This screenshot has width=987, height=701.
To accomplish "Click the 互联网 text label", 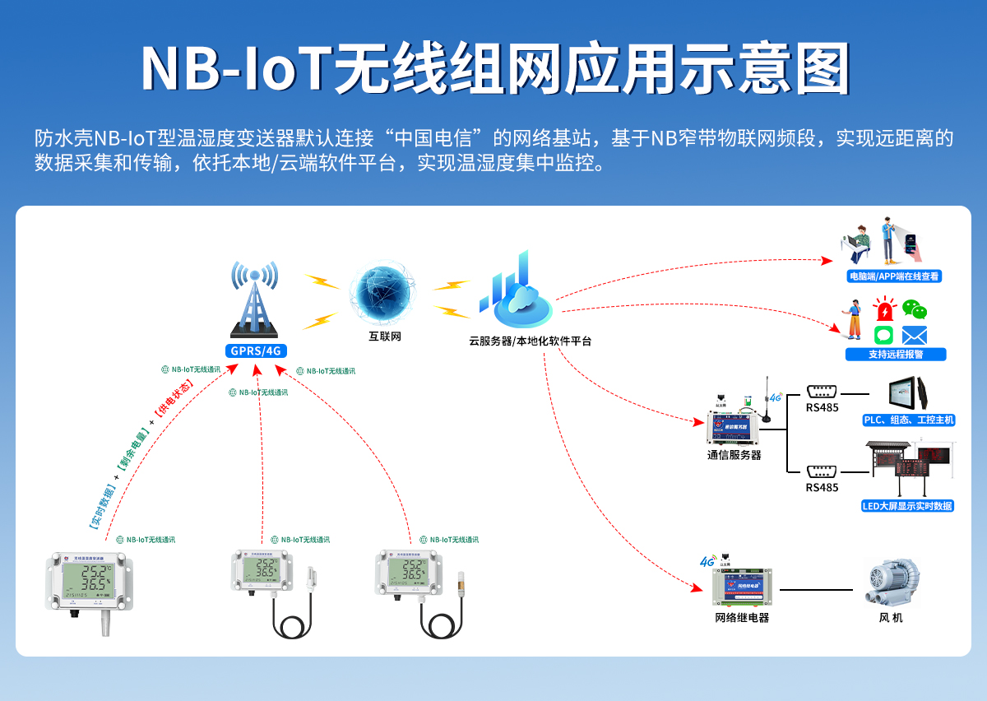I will [x=384, y=337].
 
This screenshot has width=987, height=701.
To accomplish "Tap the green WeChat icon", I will [x=914, y=309].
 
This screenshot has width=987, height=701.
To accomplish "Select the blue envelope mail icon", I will [x=914, y=335].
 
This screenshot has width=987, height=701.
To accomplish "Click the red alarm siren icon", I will [x=884, y=310].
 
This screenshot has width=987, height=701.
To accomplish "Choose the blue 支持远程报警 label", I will [x=896, y=355].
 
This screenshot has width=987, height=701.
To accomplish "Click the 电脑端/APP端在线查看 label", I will [x=894, y=277].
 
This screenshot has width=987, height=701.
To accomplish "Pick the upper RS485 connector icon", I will [x=822, y=392].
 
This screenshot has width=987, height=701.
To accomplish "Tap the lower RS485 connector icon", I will [x=822, y=471].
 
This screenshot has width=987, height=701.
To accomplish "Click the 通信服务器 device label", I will [x=734, y=455].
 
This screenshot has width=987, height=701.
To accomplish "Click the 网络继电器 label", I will [x=742, y=618].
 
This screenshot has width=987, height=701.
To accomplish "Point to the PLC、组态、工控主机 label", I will [x=908, y=420].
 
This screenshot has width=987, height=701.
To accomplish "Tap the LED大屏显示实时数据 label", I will [x=907, y=506].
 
